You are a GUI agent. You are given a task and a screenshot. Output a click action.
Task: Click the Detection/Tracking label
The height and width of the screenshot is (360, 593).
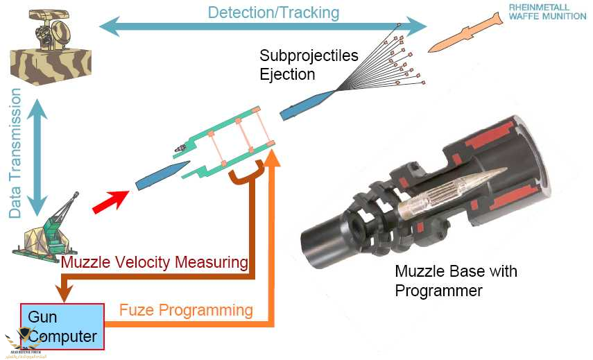[x=273, y=12]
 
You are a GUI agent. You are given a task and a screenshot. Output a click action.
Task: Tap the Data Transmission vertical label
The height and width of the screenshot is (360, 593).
[x=16, y=153]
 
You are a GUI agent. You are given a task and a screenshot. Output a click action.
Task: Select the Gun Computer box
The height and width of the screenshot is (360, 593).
[x=62, y=326]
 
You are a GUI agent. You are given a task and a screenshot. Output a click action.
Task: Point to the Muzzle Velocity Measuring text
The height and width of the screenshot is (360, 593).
[x=155, y=262]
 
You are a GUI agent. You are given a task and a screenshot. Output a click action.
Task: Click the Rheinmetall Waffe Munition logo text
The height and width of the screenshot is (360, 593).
[x=546, y=12]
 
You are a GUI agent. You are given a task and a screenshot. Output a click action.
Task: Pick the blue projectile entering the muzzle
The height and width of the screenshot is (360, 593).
[x=162, y=174]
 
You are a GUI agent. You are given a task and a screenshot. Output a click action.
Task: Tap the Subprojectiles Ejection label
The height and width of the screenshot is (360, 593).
[x=308, y=64]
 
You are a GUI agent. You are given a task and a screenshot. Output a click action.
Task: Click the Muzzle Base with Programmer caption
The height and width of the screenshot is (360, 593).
[x=456, y=280]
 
